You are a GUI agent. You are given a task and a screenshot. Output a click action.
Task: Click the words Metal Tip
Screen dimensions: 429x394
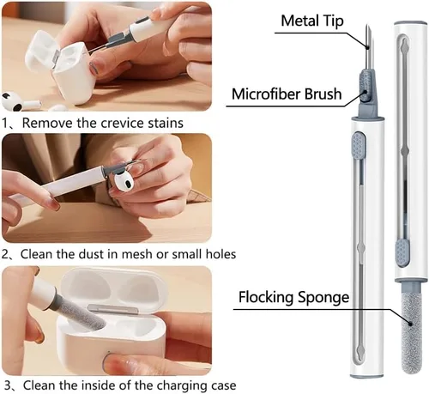coord(312,21)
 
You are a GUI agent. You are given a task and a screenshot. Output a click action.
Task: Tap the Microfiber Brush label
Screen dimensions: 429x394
coord(287,94)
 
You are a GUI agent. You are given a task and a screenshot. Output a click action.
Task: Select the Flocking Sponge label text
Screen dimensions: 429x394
coord(293,297)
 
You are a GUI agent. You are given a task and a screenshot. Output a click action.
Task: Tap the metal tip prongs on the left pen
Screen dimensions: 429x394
coord(369,47)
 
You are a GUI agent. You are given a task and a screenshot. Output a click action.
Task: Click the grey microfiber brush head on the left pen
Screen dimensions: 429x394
coord(366,86)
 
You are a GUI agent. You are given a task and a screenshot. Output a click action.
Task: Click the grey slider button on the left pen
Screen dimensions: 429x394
coord(359,146)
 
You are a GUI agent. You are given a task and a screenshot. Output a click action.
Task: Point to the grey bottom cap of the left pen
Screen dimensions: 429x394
coord(367,376)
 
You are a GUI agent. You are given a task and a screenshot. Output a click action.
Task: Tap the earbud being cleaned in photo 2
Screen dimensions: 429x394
coord(124,182)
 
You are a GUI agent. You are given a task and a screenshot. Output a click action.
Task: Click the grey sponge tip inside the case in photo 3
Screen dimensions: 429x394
coord(82,312)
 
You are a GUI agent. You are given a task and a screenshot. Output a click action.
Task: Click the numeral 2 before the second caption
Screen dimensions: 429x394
coord(5,254)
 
